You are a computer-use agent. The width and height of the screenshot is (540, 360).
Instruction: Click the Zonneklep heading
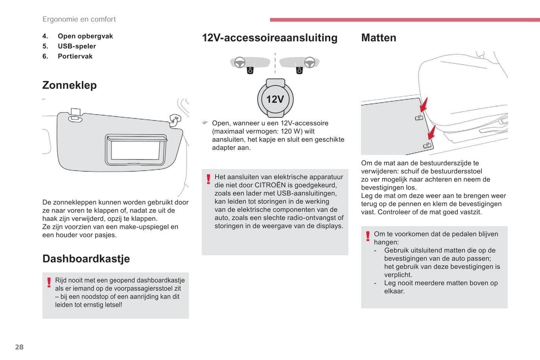pos(70,85)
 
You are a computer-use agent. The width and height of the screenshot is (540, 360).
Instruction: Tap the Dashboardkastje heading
pos(86,258)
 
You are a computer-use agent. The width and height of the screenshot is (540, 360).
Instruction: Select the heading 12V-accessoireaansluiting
pos(269,38)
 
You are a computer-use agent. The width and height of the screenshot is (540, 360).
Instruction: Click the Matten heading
pos(379,38)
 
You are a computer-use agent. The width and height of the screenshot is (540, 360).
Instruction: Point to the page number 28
pos(19,347)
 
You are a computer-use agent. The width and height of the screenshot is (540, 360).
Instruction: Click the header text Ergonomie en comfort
pos(79,19)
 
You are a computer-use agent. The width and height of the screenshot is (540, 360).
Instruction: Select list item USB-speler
pos(77,46)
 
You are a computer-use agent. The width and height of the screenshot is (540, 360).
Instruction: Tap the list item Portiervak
pos(75,56)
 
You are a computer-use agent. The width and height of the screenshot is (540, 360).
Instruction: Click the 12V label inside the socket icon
pos(275,99)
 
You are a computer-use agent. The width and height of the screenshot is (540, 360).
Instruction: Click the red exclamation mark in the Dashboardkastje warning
pos(49,282)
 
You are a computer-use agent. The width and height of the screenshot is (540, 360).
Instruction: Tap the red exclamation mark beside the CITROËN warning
pos(209,179)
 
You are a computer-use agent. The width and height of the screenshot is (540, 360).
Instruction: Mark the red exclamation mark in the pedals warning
pos(368,236)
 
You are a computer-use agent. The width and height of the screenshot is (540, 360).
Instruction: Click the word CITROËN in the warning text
pos(270,185)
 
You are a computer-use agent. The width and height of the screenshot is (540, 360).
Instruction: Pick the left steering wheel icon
pos(240,62)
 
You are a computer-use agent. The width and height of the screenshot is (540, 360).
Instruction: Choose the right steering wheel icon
pos(309,62)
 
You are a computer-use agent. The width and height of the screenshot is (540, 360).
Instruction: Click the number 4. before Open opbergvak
pos(45,36)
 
